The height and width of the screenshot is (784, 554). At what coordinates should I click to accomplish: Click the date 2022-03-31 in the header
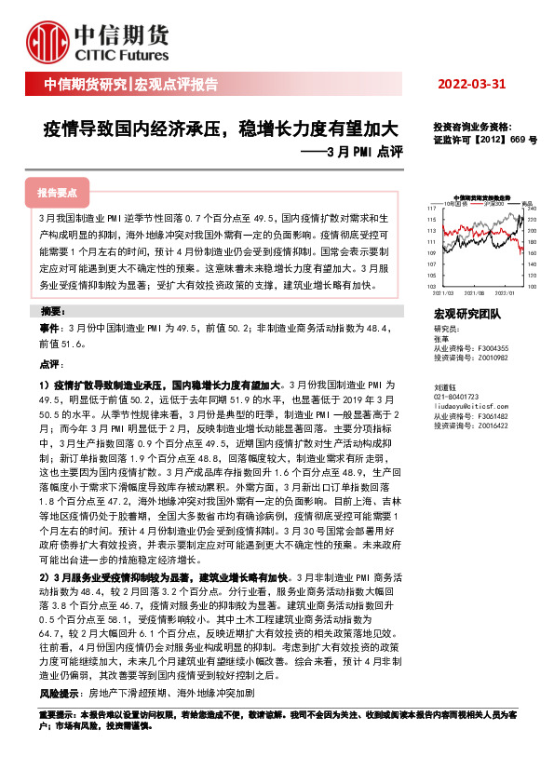pyautogui.click(x=472, y=84)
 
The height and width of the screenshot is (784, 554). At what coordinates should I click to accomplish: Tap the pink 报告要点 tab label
pyautogui.click(x=57, y=194)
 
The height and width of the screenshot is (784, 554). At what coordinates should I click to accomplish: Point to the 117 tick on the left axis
pyautogui.click(x=433, y=208)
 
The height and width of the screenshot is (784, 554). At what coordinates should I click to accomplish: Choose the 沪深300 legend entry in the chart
pyautogui.click(x=493, y=202)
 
